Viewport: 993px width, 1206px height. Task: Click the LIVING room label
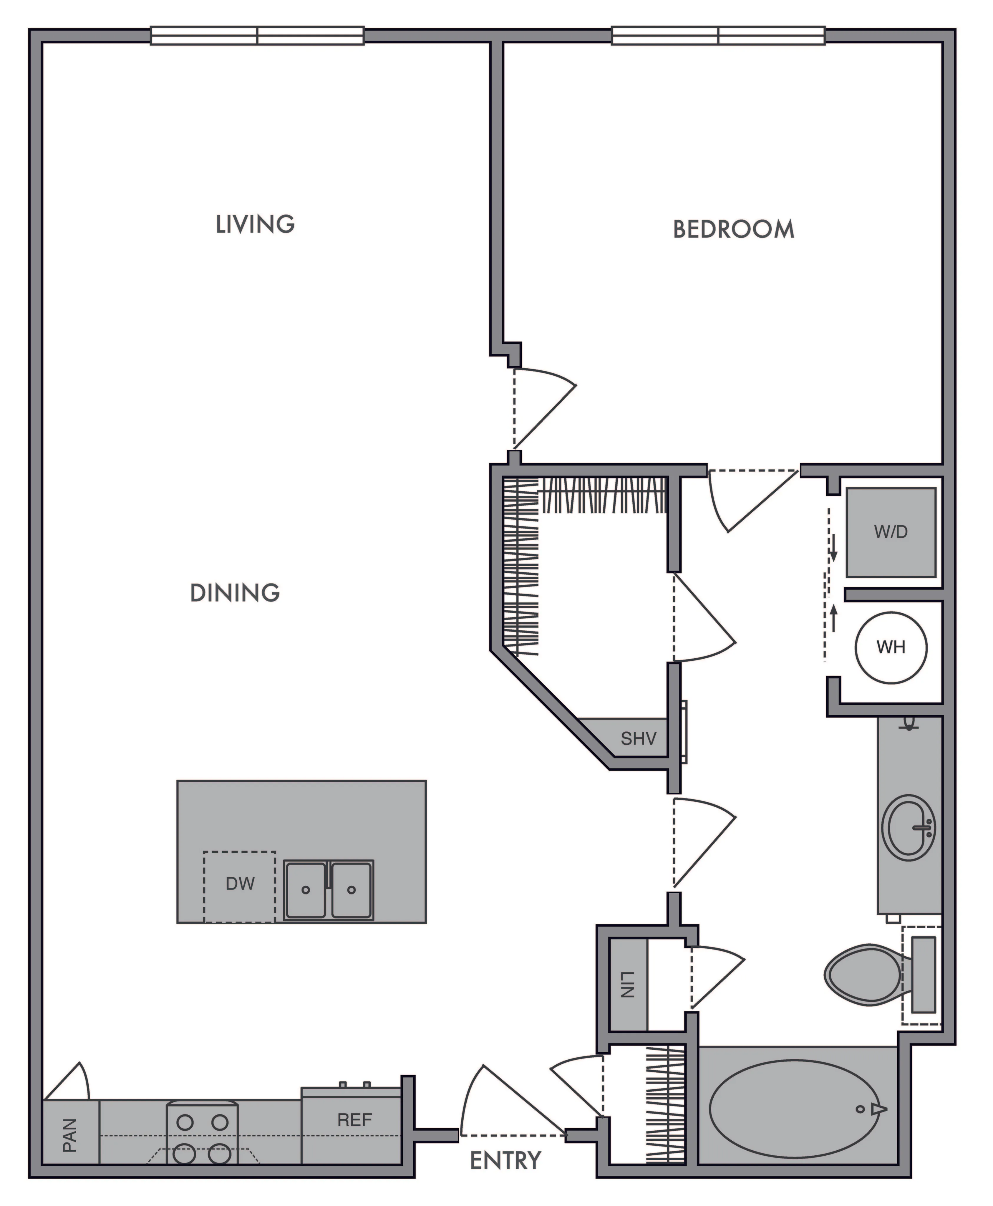(x=255, y=224)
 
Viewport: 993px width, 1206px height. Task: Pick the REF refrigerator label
(x=355, y=1120)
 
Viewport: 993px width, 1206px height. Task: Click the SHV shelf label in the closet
(x=638, y=739)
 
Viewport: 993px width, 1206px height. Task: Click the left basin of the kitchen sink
(x=306, y=890)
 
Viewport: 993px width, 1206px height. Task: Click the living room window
(x=257, y=35)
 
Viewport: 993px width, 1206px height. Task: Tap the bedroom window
(x=718, y=35)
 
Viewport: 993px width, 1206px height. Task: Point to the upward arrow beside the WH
(x=834, y=618)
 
